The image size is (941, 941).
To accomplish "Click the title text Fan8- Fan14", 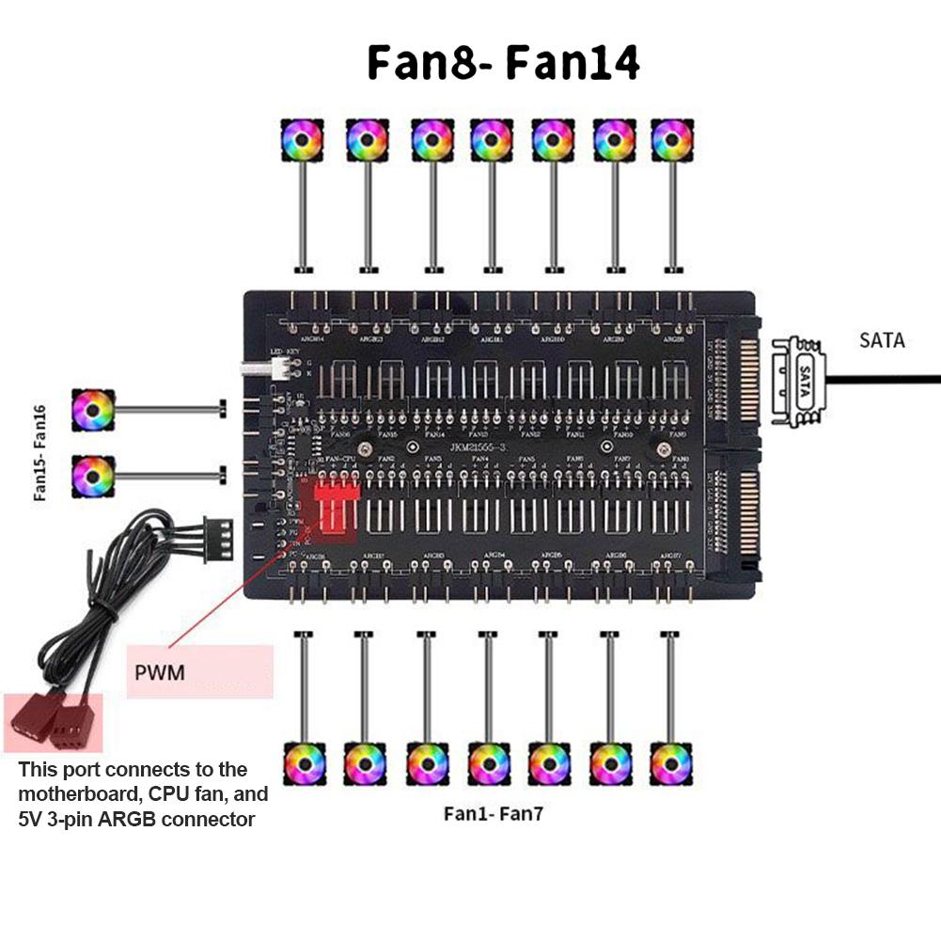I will (x=503, y=62).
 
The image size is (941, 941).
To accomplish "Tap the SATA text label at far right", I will (x=881, y=340).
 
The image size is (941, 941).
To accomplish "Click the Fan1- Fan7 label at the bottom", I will (x=493, y=814).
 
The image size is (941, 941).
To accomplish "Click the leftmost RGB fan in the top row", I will (x=303, y=139).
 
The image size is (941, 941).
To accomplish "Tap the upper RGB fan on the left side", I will (x=93, y=410).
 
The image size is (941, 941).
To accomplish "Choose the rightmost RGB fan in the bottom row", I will (x=670, y=763).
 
